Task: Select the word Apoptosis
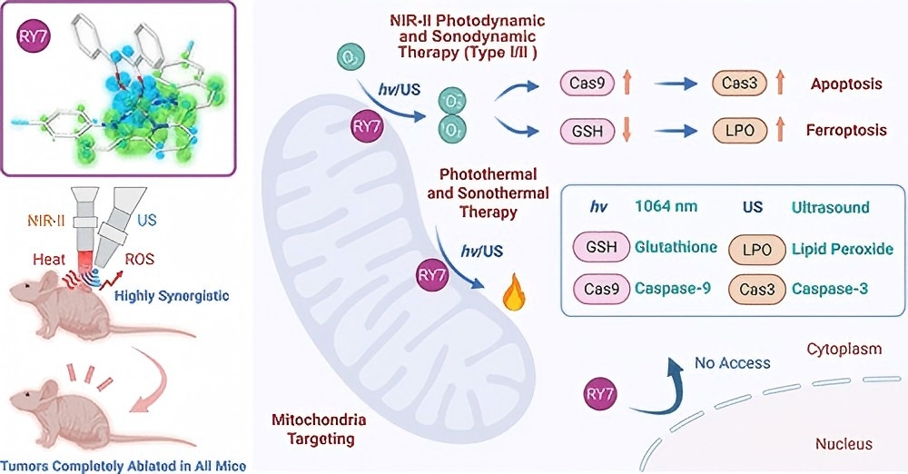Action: click(x=846, y=84)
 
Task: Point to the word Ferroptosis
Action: click(x=846, y=131)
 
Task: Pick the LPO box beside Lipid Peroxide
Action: click(x=753, y=248)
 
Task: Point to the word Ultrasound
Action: click(x=829, y=207)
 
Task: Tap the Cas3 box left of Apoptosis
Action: click(x=741, y=84)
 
